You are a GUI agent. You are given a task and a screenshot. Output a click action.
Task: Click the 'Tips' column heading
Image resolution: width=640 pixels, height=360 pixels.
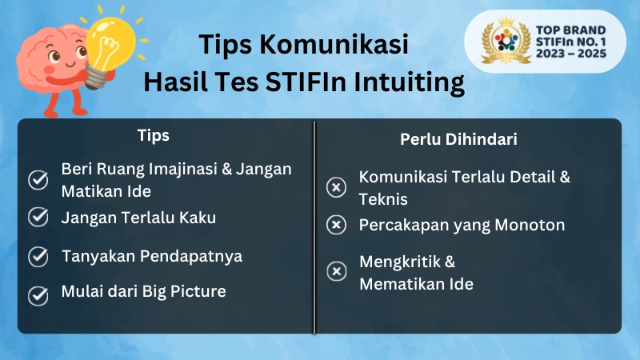(x=153, y=135)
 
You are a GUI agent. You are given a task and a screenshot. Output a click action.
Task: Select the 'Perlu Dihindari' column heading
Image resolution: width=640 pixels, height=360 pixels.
(x=458, y=139)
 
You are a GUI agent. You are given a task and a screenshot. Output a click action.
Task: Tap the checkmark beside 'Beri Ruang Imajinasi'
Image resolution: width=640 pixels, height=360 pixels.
(x=38, y=180)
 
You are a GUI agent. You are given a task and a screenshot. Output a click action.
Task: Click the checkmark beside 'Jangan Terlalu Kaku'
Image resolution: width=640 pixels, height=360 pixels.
(x=38, y=217)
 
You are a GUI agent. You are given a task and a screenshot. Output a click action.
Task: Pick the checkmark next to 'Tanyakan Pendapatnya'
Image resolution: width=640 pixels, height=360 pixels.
(x=38, y=257)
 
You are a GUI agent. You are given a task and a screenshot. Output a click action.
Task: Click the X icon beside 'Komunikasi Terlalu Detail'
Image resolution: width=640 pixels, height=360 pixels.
(x=337, y=188)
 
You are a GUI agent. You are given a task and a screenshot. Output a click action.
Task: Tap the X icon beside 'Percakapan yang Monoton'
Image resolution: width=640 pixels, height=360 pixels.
(x=337, y=226)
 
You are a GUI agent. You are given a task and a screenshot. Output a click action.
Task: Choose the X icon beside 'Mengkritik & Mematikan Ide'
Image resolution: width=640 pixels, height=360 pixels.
(x=337, y=272)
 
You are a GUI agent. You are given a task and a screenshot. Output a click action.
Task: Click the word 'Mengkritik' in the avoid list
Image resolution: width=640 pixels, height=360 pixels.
(x=401, y=262)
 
